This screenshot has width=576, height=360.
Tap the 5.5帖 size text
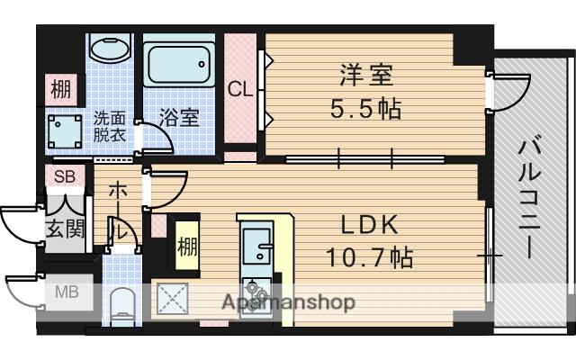click(364, 109)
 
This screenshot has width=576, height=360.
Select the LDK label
click(369, 225)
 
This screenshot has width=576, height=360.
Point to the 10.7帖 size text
click(369, 258)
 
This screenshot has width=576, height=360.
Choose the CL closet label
click(239, 90)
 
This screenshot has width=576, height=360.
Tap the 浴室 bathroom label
click(179, 117)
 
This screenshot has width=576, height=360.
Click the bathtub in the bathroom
click(178, 66)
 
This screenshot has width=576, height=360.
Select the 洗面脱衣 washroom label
click(111, 124)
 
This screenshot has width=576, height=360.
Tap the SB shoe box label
click(64, 176)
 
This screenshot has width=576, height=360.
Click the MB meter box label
click(67, 292)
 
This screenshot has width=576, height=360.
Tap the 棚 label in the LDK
click(186, 246)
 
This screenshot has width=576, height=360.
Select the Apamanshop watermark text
click(287, 302)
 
